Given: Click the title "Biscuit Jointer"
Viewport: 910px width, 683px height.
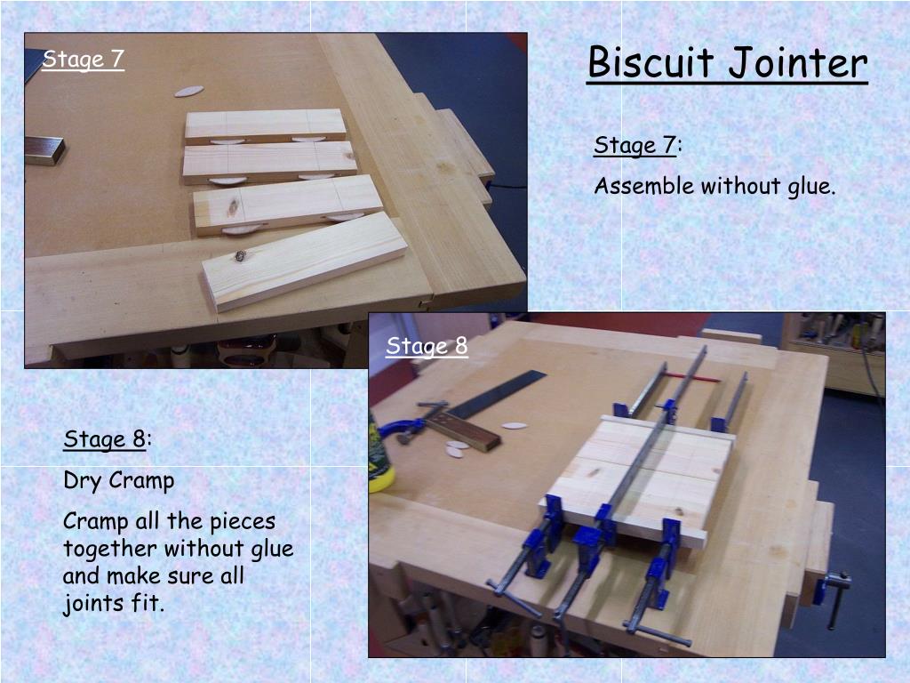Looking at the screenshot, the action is click(727, 63).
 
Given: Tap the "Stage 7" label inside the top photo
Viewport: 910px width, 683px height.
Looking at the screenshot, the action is click(83, 60).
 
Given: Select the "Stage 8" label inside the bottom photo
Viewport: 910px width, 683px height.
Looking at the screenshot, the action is click(427, 346).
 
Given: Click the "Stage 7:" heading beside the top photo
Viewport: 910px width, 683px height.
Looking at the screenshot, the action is click(638, 145).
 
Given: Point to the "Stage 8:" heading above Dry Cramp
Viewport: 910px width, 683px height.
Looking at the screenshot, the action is click(108, 439).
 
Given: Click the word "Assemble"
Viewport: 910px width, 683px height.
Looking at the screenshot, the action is click(643, 186).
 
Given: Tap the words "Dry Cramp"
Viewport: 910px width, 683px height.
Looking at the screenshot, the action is click(119, 481).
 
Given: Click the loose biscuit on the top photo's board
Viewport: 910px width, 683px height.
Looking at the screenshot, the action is click(189, 92).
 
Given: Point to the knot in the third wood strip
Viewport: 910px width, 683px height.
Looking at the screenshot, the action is click(233, 205).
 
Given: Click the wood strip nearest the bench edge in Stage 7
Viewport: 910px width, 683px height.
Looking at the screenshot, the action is click(304, 261).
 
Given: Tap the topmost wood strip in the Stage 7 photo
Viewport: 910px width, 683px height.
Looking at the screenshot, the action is click(265, 126).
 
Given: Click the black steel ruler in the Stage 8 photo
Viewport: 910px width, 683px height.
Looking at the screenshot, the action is click(498, 394).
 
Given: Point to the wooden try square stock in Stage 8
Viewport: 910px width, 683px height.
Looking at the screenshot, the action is click(462, 432).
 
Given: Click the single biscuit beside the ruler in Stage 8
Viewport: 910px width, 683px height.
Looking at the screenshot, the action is click(515, 426).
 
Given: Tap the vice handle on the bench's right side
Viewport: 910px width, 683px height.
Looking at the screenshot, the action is click(835, 599).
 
